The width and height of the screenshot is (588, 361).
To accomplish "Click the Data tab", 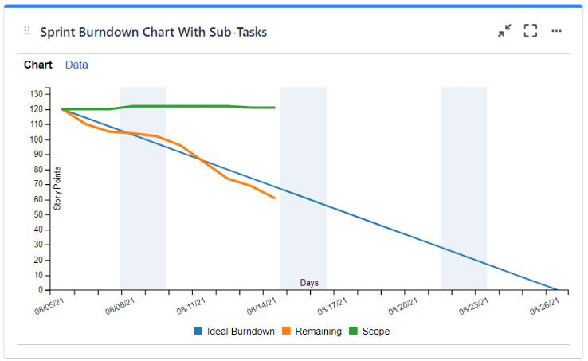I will pyautogui.click(x=76, y=65).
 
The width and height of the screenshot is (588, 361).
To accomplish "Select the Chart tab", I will pyautogui.click(x=38, y=65).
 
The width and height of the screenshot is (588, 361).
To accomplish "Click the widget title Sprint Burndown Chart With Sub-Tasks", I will pyautogui.click(x=153, y=32).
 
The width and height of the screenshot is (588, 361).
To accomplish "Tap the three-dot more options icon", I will pyautogui.click(x=557, y=31).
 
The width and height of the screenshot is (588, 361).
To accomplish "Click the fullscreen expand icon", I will pyautogui.click(x=531, y=31).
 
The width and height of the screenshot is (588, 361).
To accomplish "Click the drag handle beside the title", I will pyautogui.click(x=27, y=31).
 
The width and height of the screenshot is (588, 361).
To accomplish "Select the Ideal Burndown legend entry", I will pyautogui.click(x=234, y=331).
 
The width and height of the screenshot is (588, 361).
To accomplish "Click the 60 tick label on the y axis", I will pyautogui.click(x=37, y=200).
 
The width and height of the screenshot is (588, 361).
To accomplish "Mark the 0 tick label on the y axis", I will pyautogui.click(x=40, y=290).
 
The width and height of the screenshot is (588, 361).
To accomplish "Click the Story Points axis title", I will pyautogui.click(x=57, y=188).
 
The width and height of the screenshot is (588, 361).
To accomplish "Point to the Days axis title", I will pyautogui.click(x=310, y=283).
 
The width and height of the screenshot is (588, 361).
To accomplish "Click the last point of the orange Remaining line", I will pyautogui.click(x=275, y=198).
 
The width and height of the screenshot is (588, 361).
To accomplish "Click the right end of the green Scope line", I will pyautogui.click(x=275, y=107).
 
